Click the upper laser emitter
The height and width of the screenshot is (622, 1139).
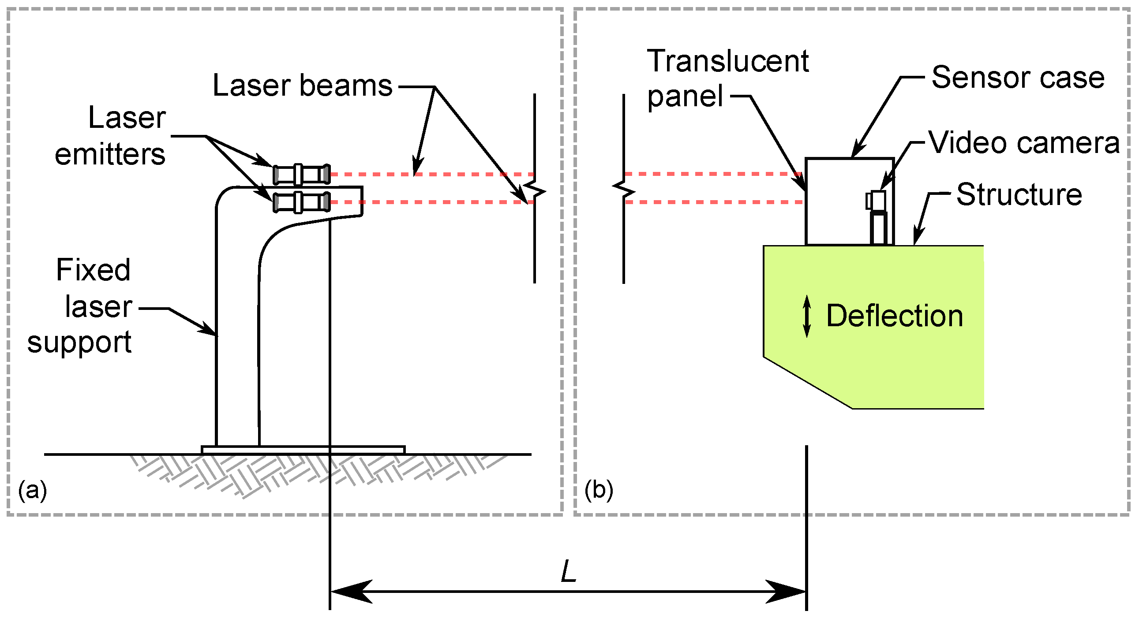coord(302,175)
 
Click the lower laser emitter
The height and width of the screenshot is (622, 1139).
coord(302,202)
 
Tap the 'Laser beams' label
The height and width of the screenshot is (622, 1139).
coord(303,85)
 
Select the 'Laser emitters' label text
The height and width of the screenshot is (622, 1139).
coord(110,136)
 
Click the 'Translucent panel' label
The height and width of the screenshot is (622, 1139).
coord(727,78)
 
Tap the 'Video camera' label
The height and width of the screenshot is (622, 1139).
coord(1023,143)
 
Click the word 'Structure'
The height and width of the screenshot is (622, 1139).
coord(1019,194)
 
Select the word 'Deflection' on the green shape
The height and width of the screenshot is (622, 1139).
coord(895,317)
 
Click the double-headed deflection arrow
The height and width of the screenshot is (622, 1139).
coord(807,317)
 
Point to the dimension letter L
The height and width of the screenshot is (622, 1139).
coord(569,572)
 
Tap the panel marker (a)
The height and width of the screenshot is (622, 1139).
coord(33,490)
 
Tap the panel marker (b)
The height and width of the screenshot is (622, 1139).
coord(599,490)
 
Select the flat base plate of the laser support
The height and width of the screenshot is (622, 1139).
coord(303,450)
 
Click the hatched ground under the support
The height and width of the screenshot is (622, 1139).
coord(318,475)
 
